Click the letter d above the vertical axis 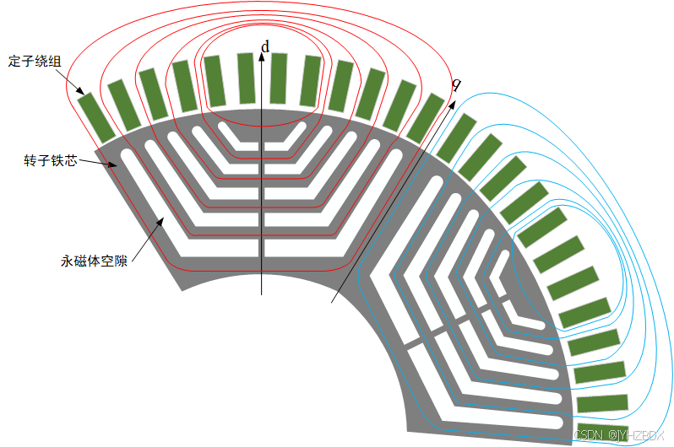(x=265, y=47)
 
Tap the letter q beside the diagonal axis (x=456, y=84)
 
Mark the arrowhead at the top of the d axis (x=263, y=62)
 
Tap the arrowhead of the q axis (x=450, y=104)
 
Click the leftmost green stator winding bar (x=95, y=117)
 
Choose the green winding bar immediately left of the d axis (x=246, y=78)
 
